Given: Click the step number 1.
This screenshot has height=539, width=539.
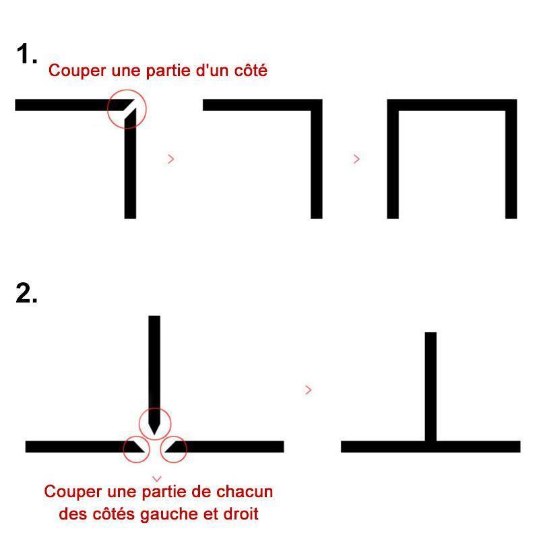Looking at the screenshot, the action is coord(26,54).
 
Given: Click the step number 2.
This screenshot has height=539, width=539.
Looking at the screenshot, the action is coord(26,293).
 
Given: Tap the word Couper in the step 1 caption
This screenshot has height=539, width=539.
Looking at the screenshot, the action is coord(77,71).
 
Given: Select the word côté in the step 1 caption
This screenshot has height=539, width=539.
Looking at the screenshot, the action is coord(251,70).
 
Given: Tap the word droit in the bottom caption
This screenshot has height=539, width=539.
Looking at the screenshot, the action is coord(241,514).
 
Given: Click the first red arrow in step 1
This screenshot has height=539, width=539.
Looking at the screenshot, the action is coord(171,159).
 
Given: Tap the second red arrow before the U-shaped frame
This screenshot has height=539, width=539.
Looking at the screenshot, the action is coord(357,159).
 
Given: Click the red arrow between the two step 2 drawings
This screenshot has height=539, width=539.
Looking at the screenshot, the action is coord(309,390).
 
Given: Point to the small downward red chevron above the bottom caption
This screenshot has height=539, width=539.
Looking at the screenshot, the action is coord(157,479).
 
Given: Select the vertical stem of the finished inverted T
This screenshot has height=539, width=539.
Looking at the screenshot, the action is coord(431,386).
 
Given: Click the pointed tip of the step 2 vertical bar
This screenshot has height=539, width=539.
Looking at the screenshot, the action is coord(154,435).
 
